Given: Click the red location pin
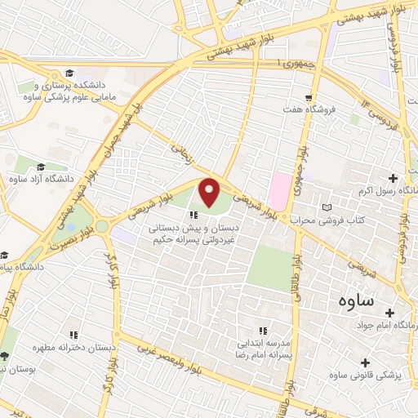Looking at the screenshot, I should tap(210, 193).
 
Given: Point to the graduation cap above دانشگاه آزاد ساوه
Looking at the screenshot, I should tap(41, 167).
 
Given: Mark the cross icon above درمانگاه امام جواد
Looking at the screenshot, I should tap(389, 313).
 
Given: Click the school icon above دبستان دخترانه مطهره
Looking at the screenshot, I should tap(73, 334).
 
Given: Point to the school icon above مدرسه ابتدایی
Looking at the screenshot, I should tap(263, 331).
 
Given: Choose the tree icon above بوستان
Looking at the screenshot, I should tap(6, 356).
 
